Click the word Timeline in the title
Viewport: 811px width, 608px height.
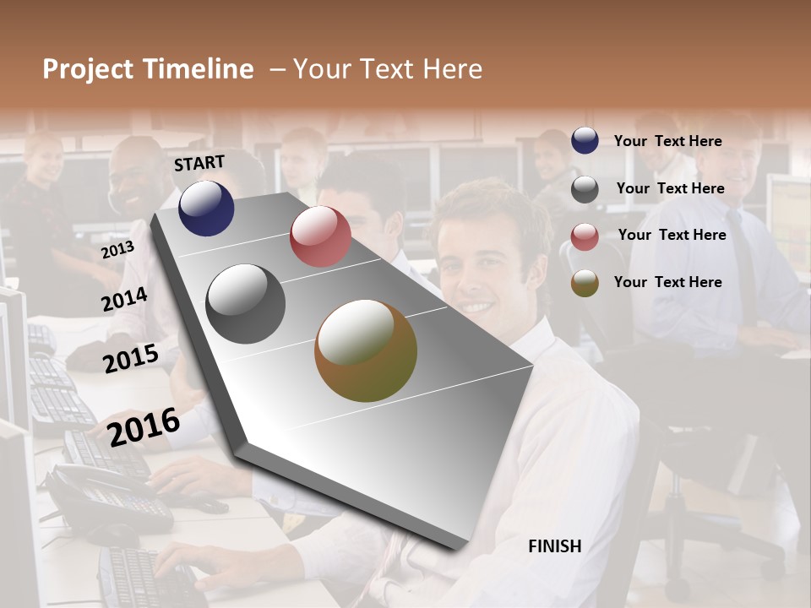coord(199,69)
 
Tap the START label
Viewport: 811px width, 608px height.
coord(199,163)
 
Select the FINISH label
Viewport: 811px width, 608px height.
coord(554,546)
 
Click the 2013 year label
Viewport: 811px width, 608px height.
coord(117,250)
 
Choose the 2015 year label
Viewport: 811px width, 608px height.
coord(131,359)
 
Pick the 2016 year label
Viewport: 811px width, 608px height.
coord(144,427)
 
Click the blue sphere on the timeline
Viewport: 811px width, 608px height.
coord(206,209)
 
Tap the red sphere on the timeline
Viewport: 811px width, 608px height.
coord(320,236)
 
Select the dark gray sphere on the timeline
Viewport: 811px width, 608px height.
coord(246,304)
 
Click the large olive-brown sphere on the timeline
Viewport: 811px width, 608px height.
coord(366,350)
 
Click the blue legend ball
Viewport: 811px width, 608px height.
coord(585,141)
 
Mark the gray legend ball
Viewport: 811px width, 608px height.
coord(585,189)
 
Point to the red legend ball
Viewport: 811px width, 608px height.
coord(585,236)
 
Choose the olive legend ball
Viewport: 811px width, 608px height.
coord(585,283)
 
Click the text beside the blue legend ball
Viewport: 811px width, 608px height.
coord(667,141)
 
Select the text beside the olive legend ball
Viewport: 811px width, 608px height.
coord(667,282)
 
